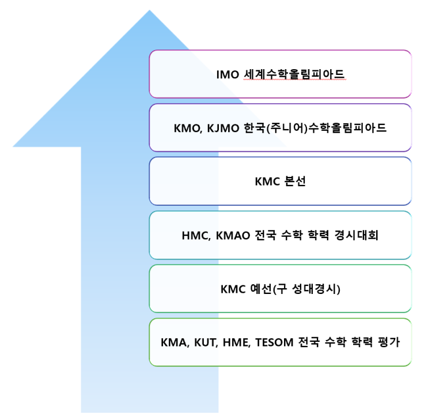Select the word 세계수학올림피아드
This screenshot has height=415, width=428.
294,74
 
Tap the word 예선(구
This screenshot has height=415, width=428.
274,289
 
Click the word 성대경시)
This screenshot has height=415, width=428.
317,289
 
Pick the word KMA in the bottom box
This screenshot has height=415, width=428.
175,342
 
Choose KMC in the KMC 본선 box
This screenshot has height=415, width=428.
268,182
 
